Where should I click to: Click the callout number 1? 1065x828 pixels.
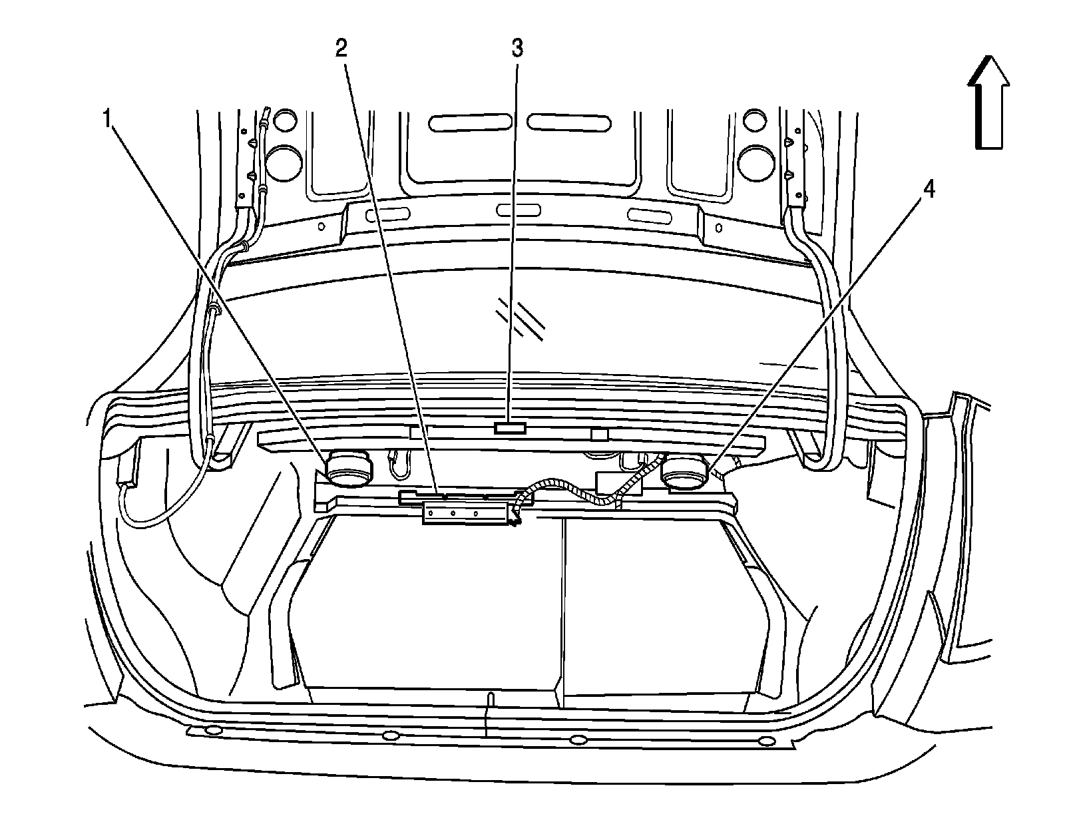tap(106, 120)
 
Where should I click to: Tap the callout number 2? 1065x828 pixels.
tap(341, 49)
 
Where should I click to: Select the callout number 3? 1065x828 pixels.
tap(517, 49)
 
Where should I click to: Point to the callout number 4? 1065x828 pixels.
tap(928, 191)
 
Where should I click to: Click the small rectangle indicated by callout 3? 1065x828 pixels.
tap(510, 427)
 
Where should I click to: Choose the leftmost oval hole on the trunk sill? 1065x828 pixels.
tap(213, 731)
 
